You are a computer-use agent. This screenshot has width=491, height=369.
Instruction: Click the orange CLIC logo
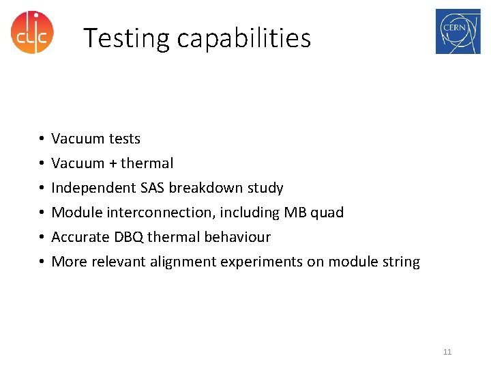coord(32,32)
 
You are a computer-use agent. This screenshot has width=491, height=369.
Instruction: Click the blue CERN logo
coord(458,31)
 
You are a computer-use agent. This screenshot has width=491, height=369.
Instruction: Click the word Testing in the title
coord(127,38)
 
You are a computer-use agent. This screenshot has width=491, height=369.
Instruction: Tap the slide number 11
coord(447,352)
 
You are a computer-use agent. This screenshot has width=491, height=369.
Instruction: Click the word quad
coord(327,213)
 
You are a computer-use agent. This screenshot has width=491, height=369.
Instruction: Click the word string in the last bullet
coord(402,262)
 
